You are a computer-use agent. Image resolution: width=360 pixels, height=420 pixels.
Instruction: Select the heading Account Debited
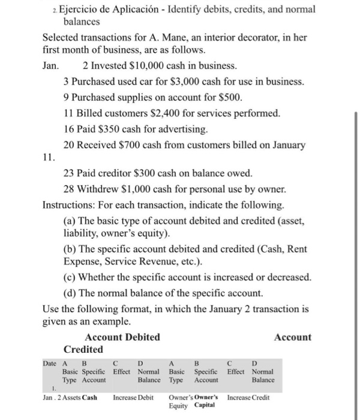point(122,337)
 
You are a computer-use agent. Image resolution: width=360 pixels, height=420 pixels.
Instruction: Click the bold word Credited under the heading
point(83,349)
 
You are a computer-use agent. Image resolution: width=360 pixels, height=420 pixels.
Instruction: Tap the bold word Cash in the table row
point(89,397)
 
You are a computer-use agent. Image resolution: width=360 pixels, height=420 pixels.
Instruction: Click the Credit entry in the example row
point(260,397)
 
